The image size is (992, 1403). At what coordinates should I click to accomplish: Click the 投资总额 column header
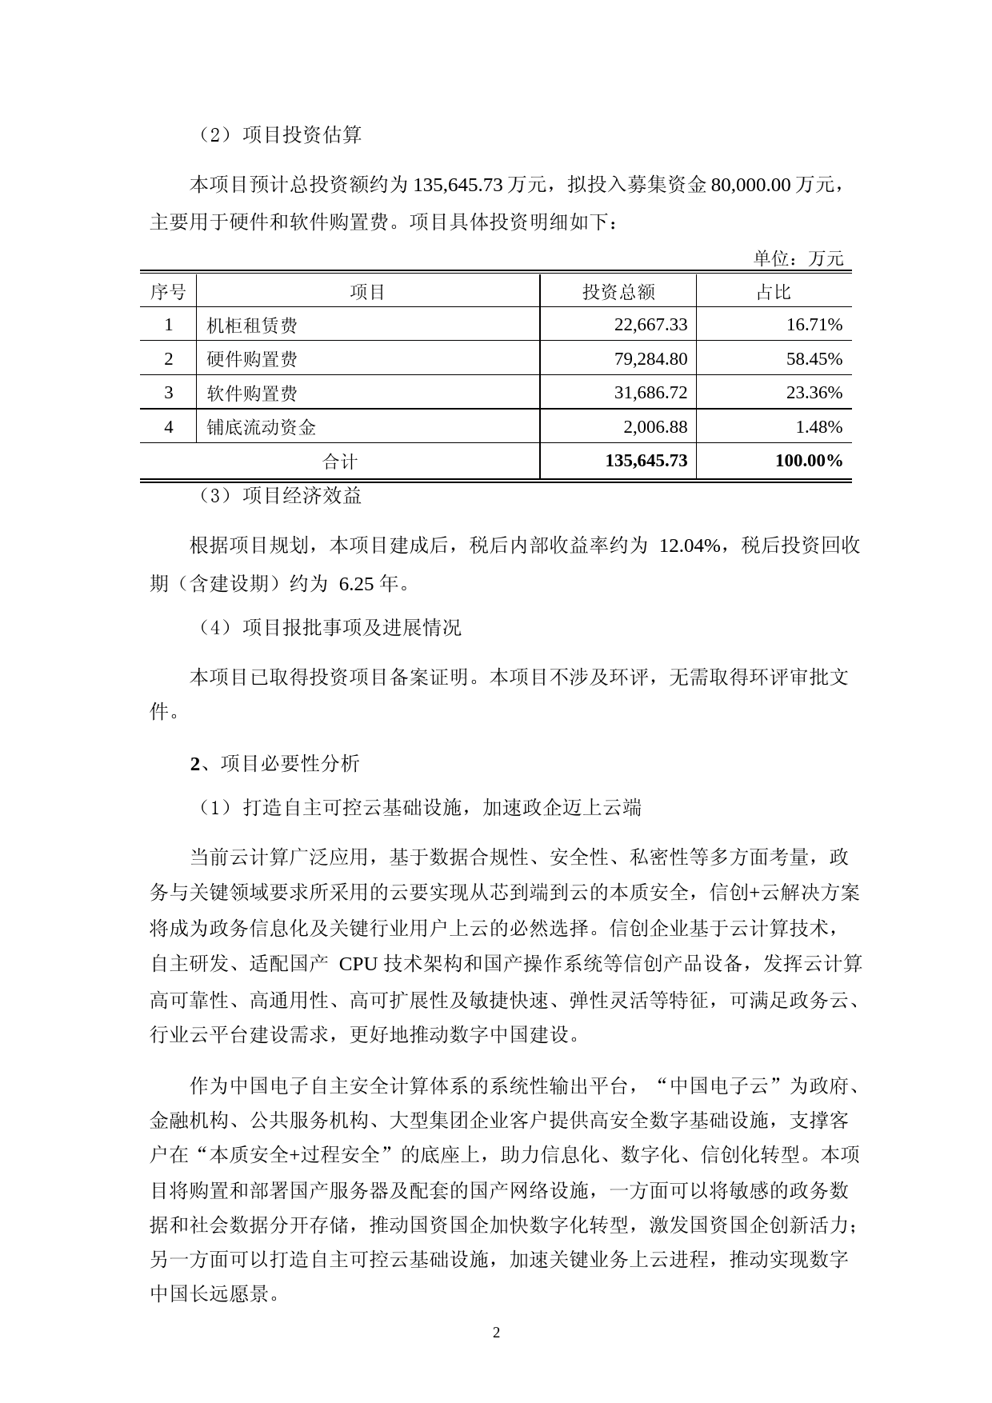pyautogui.click(x=618, y=292)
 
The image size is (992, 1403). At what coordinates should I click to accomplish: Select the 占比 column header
pyautogui.click(x=773, y=292)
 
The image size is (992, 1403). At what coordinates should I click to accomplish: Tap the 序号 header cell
pyautogui.click(x=168, y=292)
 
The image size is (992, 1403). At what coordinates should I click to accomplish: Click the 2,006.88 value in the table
pyautogui.click(x=654, y=427)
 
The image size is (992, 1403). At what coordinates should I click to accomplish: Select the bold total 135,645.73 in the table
pyautogui.click(x=646, y=461)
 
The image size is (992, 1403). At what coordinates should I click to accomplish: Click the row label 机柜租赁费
pyautogui.click(x=252, y=326)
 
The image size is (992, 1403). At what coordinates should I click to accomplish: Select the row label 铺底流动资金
pyautogui.click(x=261, y=428)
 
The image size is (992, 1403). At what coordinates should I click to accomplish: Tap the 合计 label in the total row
pyautogui.click(x=340, y=462)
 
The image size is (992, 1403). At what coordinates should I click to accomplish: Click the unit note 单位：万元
pyautogui.click(x=798, y=258)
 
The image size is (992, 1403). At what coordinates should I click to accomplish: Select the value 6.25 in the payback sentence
pyautogui.click(x=357, y=584)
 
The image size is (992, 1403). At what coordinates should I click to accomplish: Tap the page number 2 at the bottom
pyautogui.click(x=496, y=1333)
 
